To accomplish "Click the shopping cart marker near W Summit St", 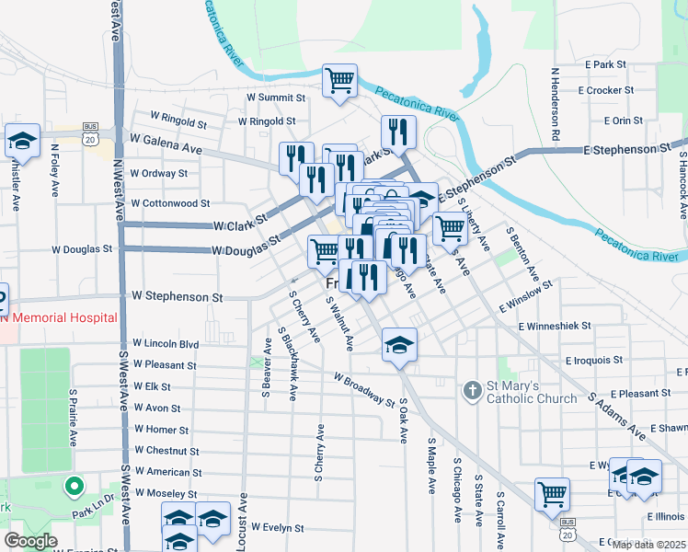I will [339, 80].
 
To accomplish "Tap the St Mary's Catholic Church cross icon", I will [473, 391].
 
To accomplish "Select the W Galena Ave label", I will [166, 147].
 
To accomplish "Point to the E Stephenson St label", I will [625, 148].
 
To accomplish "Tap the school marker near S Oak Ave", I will [399, 345].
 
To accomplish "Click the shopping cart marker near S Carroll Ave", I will [552, 493].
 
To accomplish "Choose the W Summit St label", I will [268, 97].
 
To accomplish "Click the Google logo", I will [30, 541].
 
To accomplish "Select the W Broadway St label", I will [364, 390].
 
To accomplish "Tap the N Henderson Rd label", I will [556, 103].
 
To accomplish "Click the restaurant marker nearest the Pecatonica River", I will [398, 131].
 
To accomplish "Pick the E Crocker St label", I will [605, 90].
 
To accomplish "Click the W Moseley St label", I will [166, 493].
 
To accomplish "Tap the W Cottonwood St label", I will [170, 202].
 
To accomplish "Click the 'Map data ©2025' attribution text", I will [648, 545].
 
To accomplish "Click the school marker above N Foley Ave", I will [22, 141].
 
